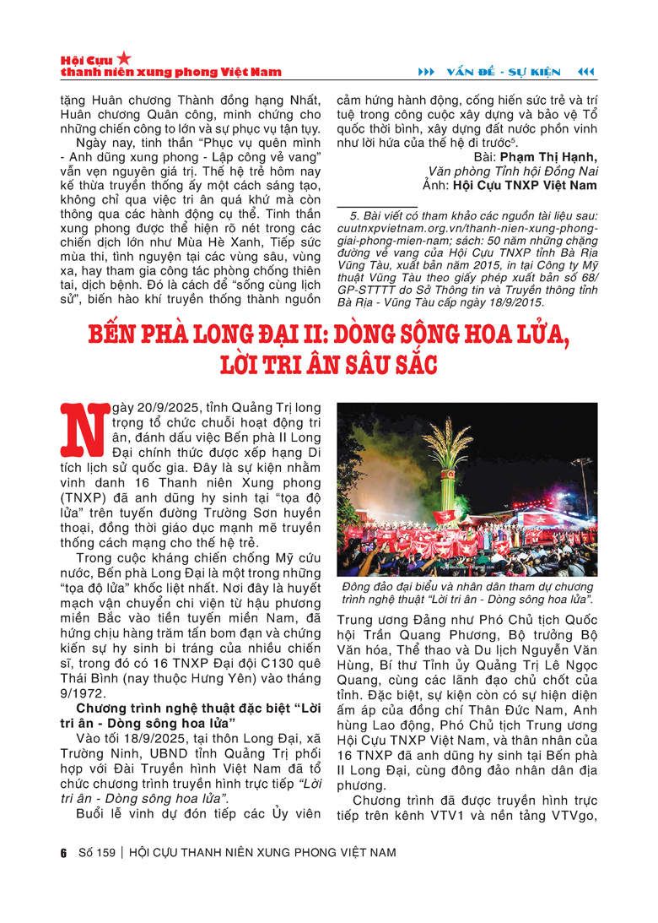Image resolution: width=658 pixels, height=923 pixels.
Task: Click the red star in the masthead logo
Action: tap(123, 58)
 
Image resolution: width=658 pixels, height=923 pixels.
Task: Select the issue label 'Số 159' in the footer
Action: tap(95, 852)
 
